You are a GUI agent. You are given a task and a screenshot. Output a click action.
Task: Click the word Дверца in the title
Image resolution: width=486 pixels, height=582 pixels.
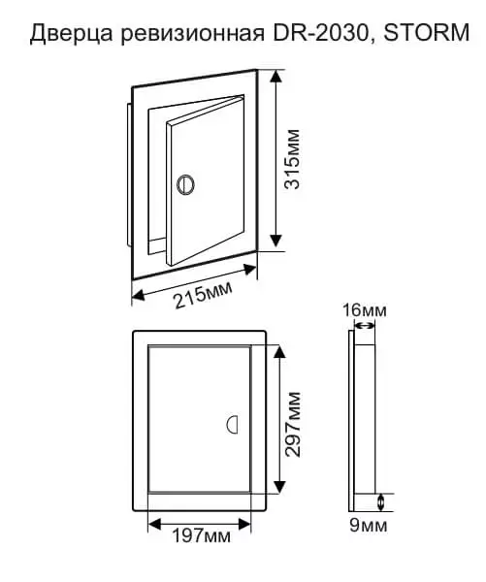coord(71,32)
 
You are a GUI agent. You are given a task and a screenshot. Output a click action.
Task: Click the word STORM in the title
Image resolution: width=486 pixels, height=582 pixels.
coord(426,32)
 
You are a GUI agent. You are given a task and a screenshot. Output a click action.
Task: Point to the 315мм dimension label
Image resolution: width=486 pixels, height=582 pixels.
coord(292,159)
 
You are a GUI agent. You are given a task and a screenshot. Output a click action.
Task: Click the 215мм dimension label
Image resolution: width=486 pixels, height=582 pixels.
coord(204,295)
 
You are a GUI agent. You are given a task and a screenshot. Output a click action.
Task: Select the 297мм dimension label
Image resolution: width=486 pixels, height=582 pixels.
coord(292,424)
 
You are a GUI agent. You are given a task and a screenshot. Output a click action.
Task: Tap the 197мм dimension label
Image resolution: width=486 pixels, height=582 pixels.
coord(201,535)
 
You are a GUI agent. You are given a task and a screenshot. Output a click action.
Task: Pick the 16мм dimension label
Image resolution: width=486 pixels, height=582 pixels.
coord(364,310)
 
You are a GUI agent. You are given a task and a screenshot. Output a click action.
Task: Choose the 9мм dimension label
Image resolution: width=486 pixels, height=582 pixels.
coord(368,525)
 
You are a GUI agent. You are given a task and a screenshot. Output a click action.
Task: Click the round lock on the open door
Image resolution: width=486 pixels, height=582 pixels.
coord(185,183)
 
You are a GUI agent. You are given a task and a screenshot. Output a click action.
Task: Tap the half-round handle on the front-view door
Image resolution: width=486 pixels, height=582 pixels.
coord(232,424)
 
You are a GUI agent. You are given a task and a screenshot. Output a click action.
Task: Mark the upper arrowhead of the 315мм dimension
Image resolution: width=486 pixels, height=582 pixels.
coord(275,77)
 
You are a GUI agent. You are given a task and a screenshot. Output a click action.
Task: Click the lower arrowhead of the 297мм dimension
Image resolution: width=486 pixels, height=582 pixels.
coord(279,487)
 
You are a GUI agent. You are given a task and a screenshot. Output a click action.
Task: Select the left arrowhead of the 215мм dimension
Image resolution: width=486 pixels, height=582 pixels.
coord(139,296)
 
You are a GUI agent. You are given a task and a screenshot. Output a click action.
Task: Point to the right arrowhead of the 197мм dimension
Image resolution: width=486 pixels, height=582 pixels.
coord(245,524)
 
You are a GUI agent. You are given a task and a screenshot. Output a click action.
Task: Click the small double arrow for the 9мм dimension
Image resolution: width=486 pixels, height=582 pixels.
coord(380,502)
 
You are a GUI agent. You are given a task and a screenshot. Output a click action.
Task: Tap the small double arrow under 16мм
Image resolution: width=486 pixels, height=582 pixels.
coord(365,326)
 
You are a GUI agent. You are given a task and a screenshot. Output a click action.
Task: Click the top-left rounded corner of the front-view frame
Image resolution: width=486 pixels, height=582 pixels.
coord(135,332)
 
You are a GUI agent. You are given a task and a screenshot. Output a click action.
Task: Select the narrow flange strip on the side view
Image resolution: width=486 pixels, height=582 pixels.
coord(351,421)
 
